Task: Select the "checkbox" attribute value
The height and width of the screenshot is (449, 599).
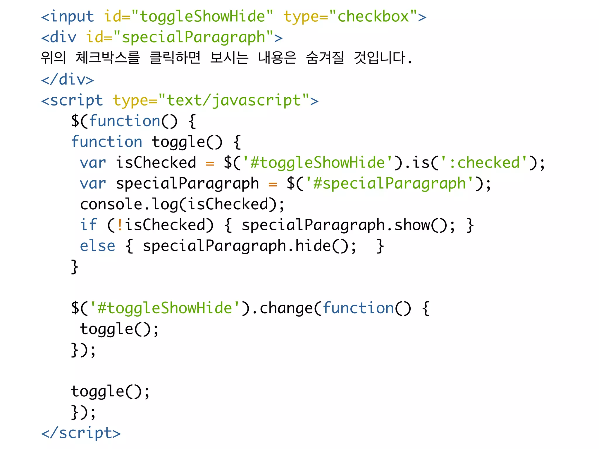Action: click(x=373, y=16)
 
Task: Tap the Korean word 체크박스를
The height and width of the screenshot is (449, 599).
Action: click(x=108, y=58)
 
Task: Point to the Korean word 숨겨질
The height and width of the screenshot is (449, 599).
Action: click(x=325, y=58)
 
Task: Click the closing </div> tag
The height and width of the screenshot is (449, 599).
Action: click(x=68, y=80)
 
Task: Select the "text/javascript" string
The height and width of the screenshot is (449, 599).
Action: click(x=234, y=101)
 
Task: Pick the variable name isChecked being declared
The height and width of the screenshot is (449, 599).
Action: click(x=156, y=163)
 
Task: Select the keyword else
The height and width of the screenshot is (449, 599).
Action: click(x=98, y=246)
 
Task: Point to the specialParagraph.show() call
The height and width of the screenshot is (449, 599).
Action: click(x=348, y=225)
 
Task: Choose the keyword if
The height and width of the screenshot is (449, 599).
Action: click(x=88, y=225)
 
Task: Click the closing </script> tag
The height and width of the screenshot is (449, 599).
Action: click(x=81, y=433)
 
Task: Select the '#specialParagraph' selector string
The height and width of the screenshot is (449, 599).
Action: click(x=389, y=184)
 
